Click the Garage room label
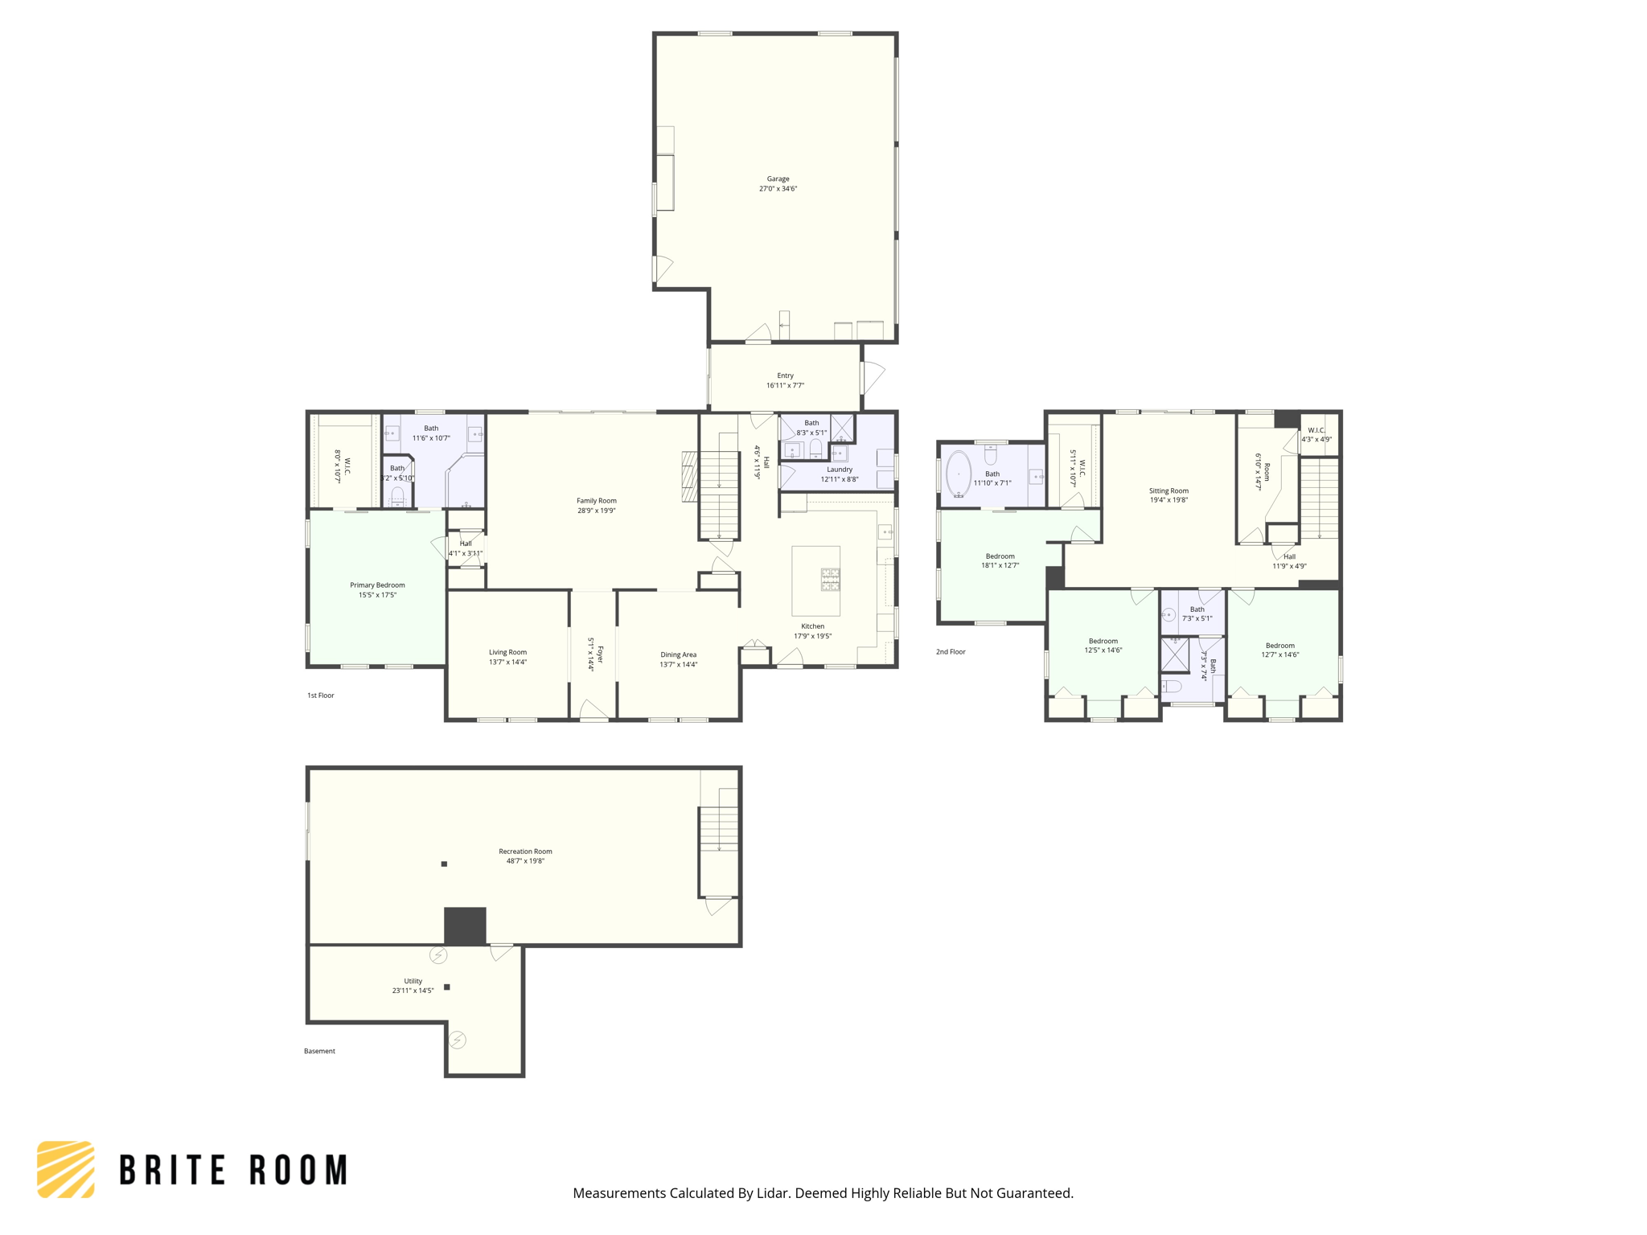pyautogui.click(x=778, y=179)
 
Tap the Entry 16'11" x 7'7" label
pyautogui.click(x=785, y=380)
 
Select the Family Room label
pyautogui.click(x=596, y=501)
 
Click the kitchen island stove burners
pyautogui.click(x=830, y=579)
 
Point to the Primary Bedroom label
pyautogui.click(x=377, y=585)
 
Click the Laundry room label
pyautogui.click(x=839, y=470)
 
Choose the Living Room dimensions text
pyautogui.click(x=507, y=663)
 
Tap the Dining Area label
pyautogui.click(x=678, y=654)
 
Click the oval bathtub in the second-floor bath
pyautogui.click(x=959, y=474)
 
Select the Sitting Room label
pyautogui.click(x=1169, y=490)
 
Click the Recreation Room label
pyautogui.click(x=525, y=851)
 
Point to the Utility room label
pyautogui.click(x=413, y=981)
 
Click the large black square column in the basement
pyautogui.click(x=465, y=925)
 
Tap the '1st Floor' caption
pyautogui.click(x=320, y=695)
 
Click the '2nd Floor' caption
pyautogui.click(x=951, y=652)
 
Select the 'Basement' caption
pyautogui.click(x=319, y=1051)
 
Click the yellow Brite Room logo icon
pyautogui.click(x=66, y=1169)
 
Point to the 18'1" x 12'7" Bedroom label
pyautogui.click(x=1000, y=556)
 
